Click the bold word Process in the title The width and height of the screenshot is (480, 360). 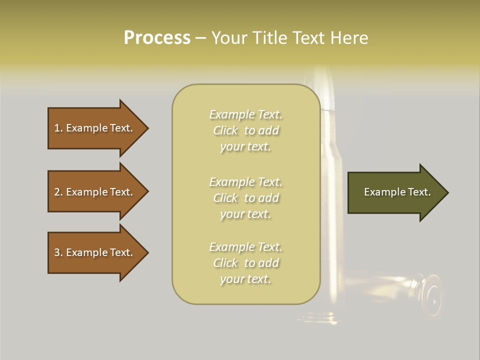tap(157, 38)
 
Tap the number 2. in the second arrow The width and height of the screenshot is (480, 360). tap(58, 192)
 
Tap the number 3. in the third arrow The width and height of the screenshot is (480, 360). tap(58, 252)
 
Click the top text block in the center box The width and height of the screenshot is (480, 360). tap(245, 130)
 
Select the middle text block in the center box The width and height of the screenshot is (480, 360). tap(245, 198)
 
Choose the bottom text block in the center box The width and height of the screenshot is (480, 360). tap(245, 263)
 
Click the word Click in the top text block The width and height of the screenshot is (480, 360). tap(225, 130)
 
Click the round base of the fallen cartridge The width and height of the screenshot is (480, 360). tap(431, 297)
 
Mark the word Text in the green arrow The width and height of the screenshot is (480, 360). tap(419, 192)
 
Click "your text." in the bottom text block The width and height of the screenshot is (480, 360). tap(245, 279)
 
